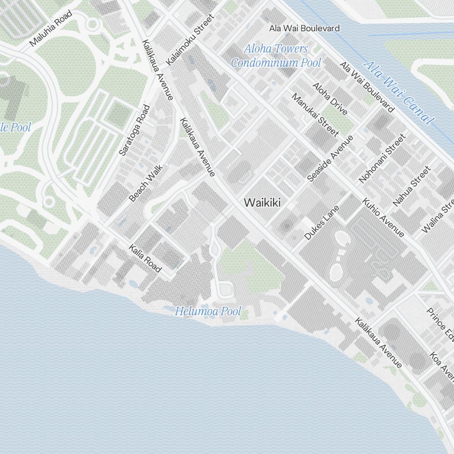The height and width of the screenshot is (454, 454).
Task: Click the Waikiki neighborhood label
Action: [262, 202]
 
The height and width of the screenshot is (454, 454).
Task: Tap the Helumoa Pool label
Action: [208, 311]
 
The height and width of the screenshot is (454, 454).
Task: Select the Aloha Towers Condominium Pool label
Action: [276, 55]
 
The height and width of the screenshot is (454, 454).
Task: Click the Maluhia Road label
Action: [51, 29]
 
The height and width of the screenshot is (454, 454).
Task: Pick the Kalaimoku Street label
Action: [190, 40]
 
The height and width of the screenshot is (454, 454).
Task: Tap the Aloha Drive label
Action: [330, 99]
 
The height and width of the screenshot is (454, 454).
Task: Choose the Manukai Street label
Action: [315, 115]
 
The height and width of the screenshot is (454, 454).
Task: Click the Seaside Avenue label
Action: [330, 158]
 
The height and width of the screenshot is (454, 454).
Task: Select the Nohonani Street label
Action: [382, 158]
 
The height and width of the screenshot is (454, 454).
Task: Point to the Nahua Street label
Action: [411, 186]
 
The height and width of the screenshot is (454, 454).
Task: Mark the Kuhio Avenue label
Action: [383, 217]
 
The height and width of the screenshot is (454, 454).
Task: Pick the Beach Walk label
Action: [145, 183]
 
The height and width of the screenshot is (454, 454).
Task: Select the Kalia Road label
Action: [145, 258]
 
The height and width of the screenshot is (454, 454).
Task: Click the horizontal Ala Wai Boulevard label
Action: [304, 28]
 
